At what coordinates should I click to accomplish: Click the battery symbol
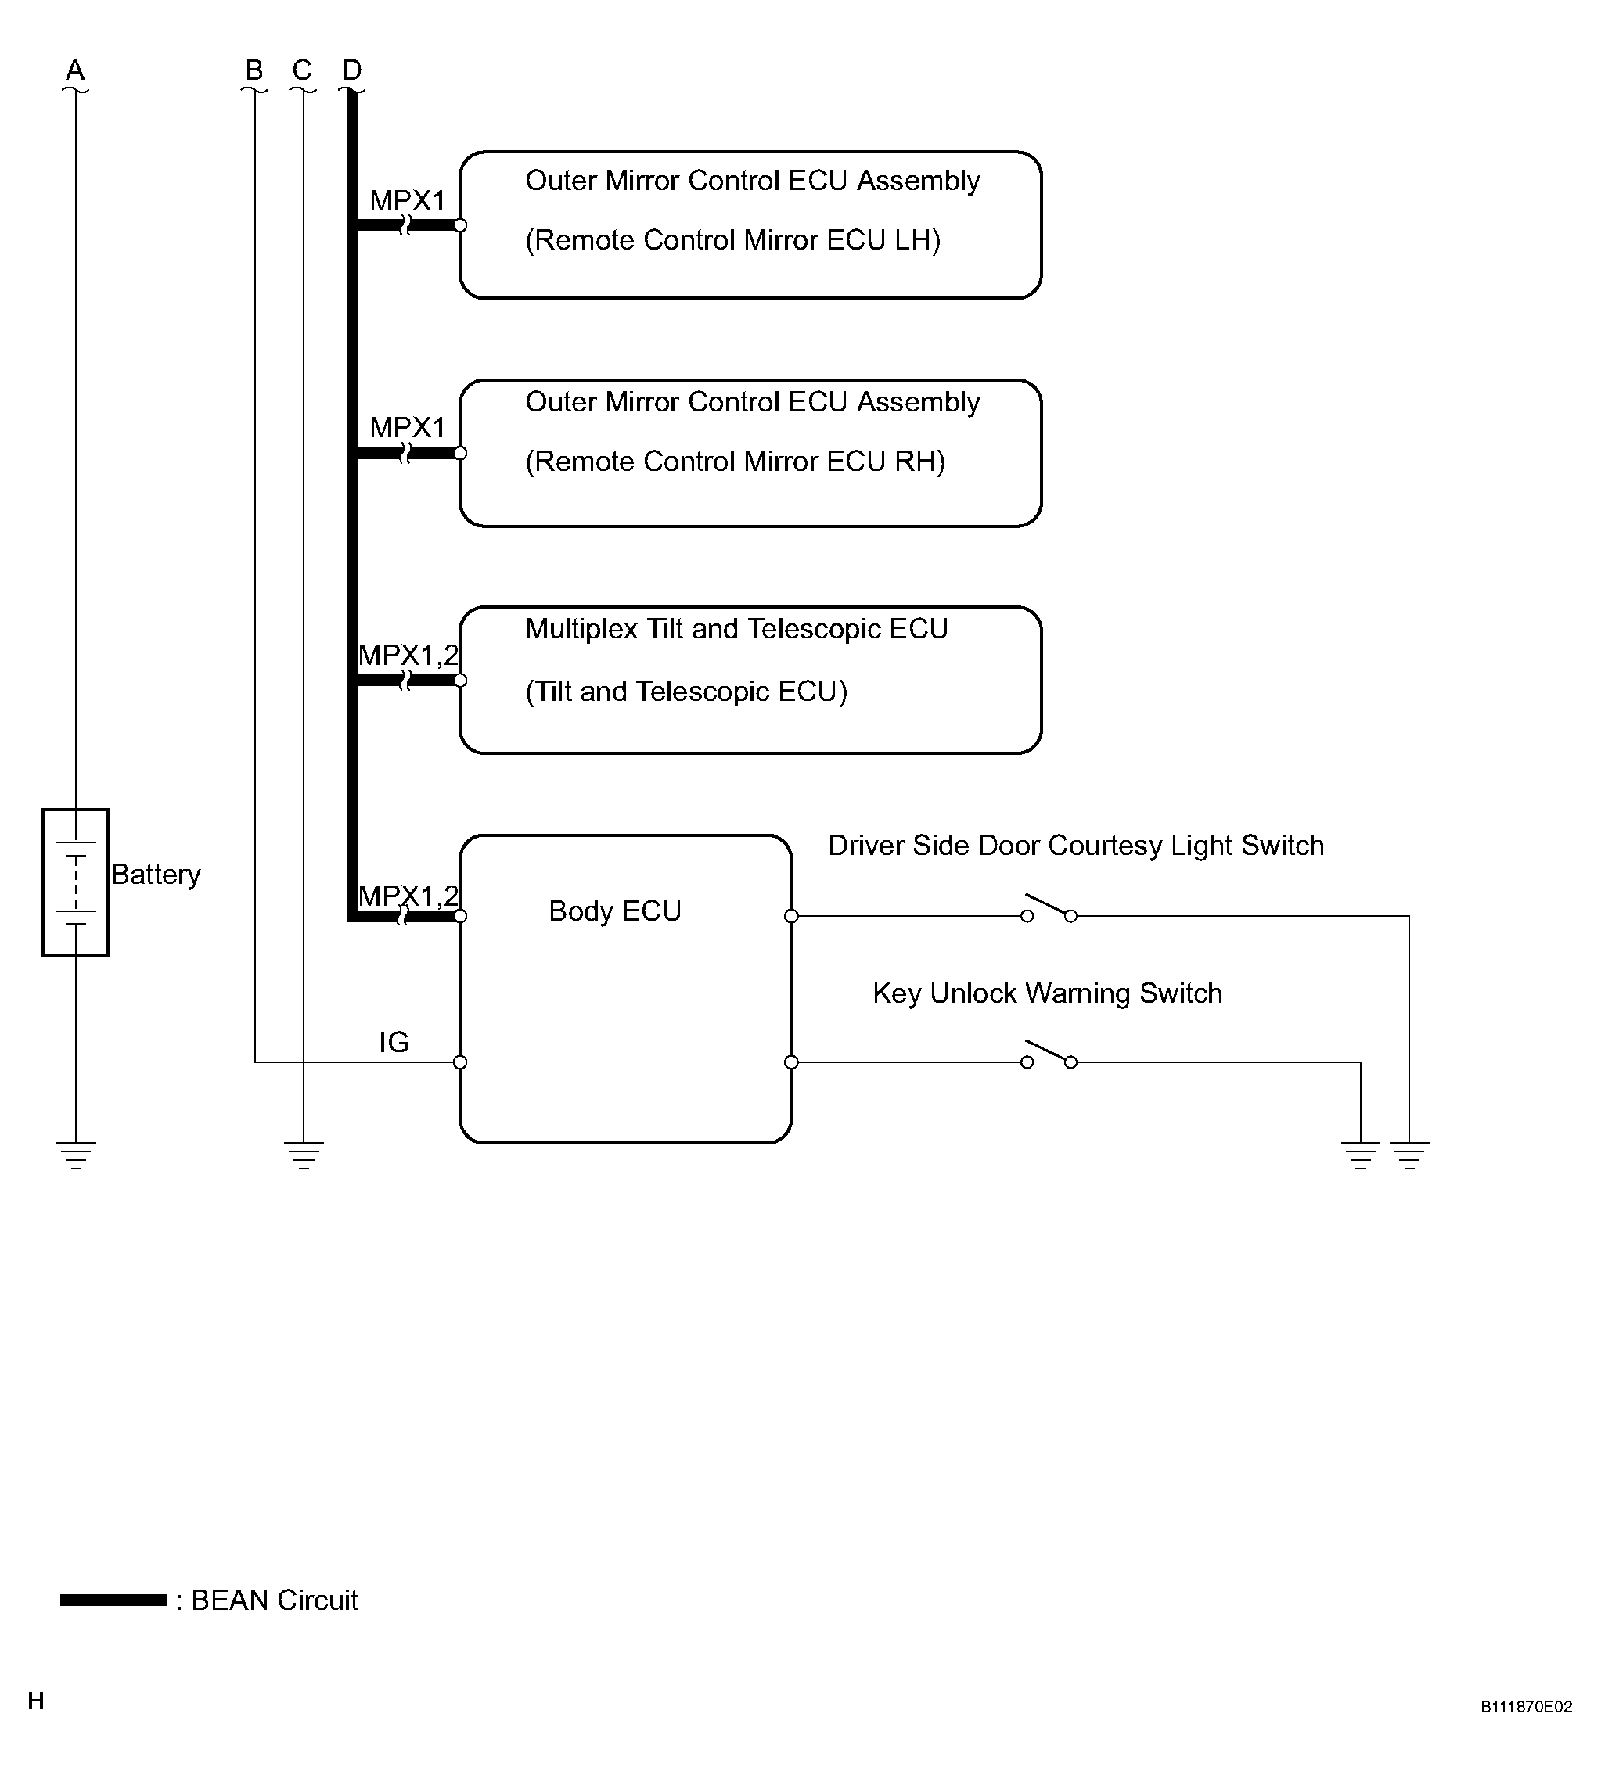[76, 882]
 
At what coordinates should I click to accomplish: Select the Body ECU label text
[614, 911]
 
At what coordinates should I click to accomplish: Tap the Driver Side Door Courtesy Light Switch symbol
[1049, 908]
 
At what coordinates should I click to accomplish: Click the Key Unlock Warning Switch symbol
[1049, 1054]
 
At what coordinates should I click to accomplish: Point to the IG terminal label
[394, 1042]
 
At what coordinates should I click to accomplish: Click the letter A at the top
[76, 70]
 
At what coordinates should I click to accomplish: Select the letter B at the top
[254, 70]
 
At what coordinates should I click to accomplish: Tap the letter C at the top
[302, 70]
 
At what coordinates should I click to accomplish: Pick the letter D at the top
[351, 70]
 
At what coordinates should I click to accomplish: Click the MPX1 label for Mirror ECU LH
[408, 200]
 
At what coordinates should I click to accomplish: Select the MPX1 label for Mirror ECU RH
[408, 428]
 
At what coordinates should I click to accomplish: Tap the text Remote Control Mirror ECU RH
[736, 462]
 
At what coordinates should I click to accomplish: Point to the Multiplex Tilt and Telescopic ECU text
[736, 629]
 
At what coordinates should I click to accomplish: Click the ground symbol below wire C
[303, 1155]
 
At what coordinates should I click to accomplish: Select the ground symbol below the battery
[76, 1155]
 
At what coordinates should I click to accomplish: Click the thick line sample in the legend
[113, 1600]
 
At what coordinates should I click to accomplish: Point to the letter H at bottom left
[36, 1701]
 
